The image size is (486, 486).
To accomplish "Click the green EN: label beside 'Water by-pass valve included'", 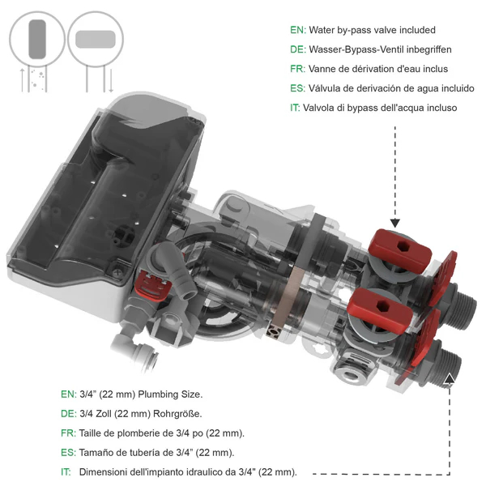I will click(x=297, y=30).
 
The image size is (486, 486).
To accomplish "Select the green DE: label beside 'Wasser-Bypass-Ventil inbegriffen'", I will click(x=297, y=49).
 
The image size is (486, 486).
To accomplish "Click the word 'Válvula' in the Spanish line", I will click(x=326, y=88).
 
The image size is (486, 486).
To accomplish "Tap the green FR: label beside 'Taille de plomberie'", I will click(x=68, y=433).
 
